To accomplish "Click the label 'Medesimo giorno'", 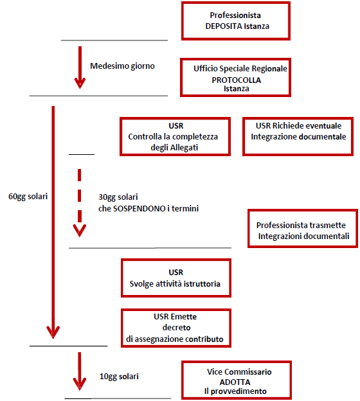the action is (122, 66).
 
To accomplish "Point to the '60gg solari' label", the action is (28, 197).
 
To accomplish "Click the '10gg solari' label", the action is (119, 377).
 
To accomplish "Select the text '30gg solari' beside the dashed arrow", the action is (118, 197).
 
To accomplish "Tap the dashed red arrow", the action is (80, 203).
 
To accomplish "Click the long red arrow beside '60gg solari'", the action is (53, 222).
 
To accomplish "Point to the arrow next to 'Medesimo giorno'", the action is (80, 67).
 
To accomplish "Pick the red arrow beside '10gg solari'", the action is (80, 371).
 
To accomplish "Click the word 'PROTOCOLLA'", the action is (237, 80).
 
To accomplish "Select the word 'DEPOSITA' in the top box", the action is (224, 26).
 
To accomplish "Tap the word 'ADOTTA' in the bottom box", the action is (235, 382).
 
